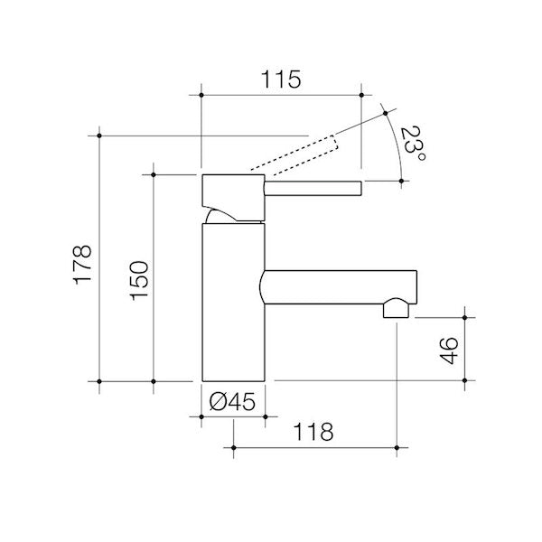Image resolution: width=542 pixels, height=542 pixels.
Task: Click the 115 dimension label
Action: [281, 79]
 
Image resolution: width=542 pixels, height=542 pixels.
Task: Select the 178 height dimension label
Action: [83, 265]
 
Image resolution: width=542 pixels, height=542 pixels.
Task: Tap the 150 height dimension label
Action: [139, 280]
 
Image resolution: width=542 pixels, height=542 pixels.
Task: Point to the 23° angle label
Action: [413, 144]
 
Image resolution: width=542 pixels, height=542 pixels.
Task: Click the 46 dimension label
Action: [449, 350]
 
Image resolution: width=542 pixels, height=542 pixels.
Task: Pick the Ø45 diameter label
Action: [233, 401]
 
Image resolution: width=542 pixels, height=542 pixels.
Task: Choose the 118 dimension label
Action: [313, 432]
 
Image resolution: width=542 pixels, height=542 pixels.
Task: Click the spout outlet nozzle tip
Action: [396, 308]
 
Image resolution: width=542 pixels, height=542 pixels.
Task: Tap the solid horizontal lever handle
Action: [313, 189]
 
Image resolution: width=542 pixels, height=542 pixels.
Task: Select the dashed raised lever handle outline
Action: [294, 153]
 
